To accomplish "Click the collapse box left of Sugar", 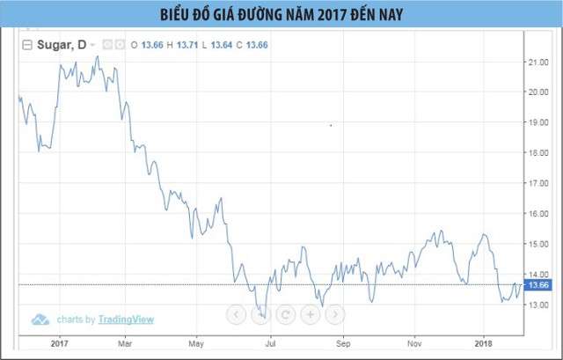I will coord(27,44).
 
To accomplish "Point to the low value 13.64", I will coord(223,44).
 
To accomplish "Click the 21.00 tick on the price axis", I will coord(537,62).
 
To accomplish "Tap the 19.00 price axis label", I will coord(537,122).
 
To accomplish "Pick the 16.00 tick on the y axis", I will coord(537,214).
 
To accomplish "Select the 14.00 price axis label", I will coord(537,275).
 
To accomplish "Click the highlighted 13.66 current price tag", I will coord(537,284).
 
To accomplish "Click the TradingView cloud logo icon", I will coord(40,319).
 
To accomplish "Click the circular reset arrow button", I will coord(285,312).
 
